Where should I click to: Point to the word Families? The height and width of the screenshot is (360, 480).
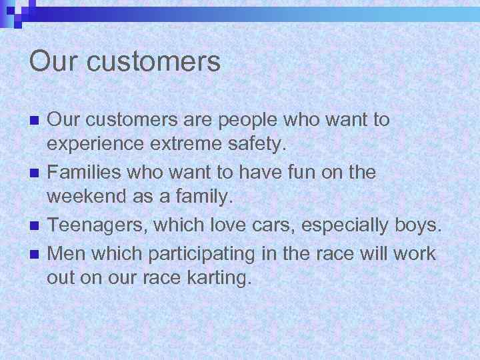point(84,173)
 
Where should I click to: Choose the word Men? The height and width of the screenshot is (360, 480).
point(65,253)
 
